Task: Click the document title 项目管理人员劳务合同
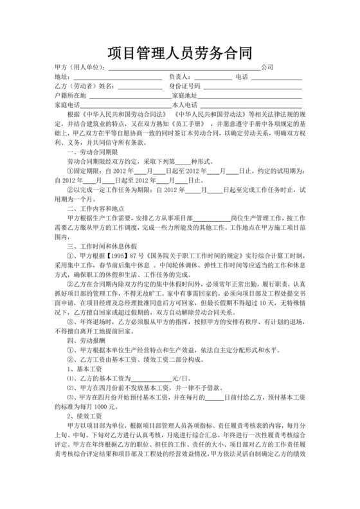click(179, 51)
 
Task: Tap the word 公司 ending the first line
click(267, 67)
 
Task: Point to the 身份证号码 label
click(184, 85)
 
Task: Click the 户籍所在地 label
click(71, 94)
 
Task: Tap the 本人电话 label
click(184, 104)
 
